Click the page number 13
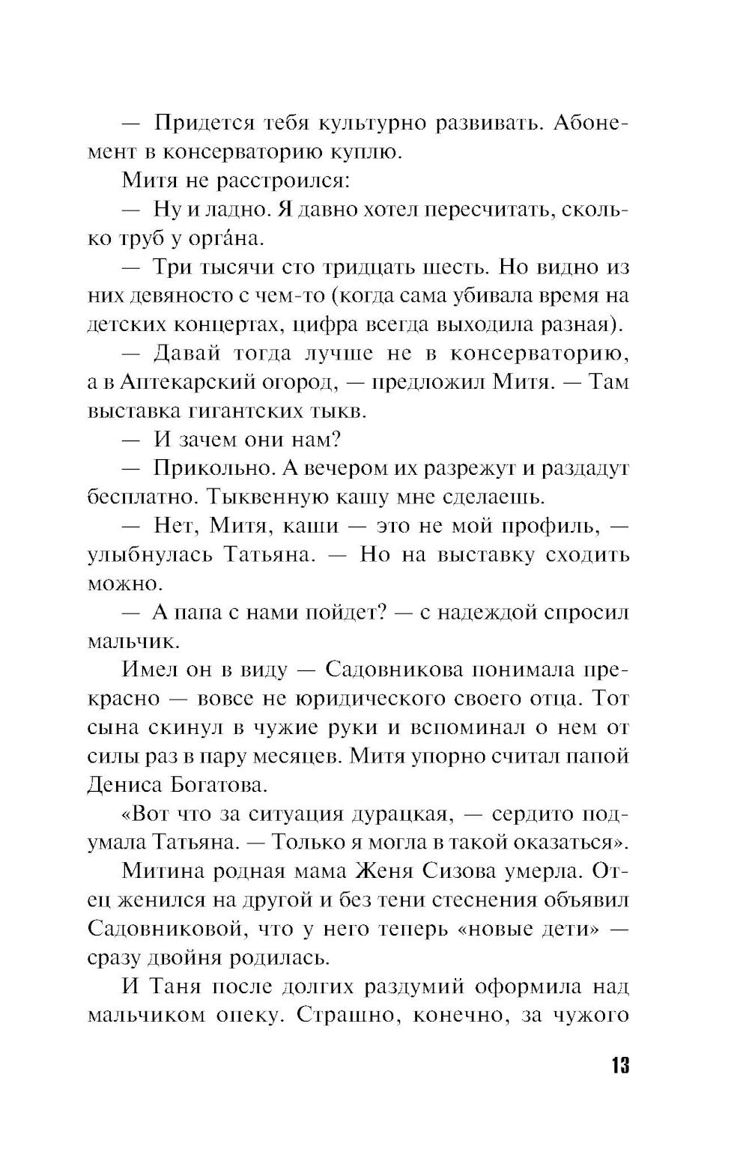tap(619, 1065)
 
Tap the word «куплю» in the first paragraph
tap(362, 152)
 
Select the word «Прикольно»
tap(216, 469)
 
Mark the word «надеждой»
tap(476, 613)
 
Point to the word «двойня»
tap(195, 958)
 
